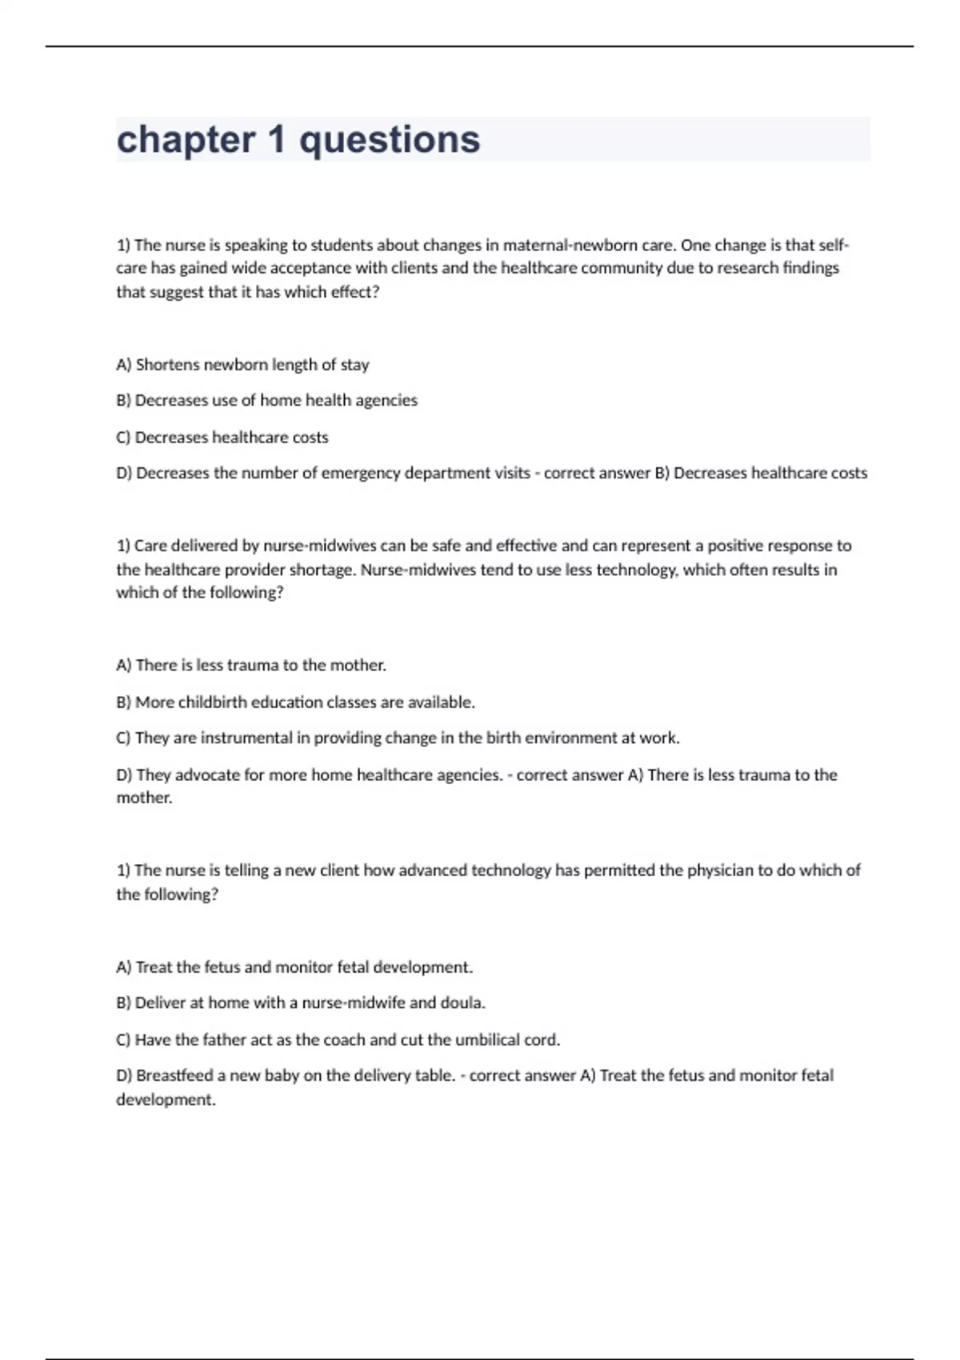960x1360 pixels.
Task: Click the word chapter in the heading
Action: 186,140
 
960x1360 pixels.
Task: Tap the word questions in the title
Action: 390,140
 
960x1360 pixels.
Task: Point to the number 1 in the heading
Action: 277,140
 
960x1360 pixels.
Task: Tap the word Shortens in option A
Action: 167,365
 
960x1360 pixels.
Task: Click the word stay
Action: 354,365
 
